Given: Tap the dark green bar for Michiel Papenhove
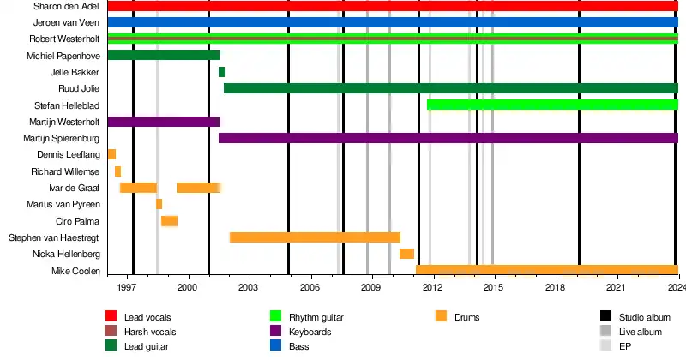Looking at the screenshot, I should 163,56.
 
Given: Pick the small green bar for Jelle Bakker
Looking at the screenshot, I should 221,72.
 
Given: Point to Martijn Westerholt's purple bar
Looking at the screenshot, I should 163,122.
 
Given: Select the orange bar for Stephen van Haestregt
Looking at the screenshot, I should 315,237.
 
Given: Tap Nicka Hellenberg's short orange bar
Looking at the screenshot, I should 406,254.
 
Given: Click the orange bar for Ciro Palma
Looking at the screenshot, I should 169,221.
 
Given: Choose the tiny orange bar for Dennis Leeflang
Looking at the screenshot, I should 111,154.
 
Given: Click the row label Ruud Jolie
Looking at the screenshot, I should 79,89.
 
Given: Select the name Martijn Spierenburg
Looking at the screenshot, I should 65,138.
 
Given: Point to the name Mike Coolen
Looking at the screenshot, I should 76,271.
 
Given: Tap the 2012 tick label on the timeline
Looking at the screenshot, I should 432,289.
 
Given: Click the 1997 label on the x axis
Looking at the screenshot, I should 127,289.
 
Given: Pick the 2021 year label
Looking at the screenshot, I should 617,289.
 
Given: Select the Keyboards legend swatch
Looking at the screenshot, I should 276,332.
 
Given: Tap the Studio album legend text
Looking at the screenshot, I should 642,316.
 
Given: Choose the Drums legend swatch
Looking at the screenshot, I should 442,316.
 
